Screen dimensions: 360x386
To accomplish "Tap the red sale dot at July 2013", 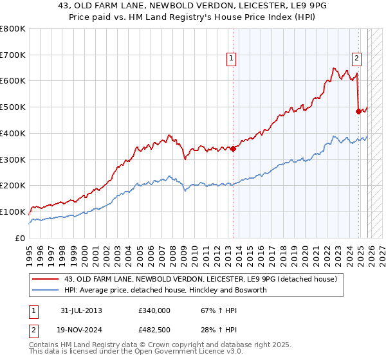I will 233,148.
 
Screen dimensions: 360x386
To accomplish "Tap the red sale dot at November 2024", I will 358,111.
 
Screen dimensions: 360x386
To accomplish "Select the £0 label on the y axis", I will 19,238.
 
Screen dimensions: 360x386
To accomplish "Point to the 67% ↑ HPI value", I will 210,310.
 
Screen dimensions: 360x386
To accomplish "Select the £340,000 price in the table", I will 154,310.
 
